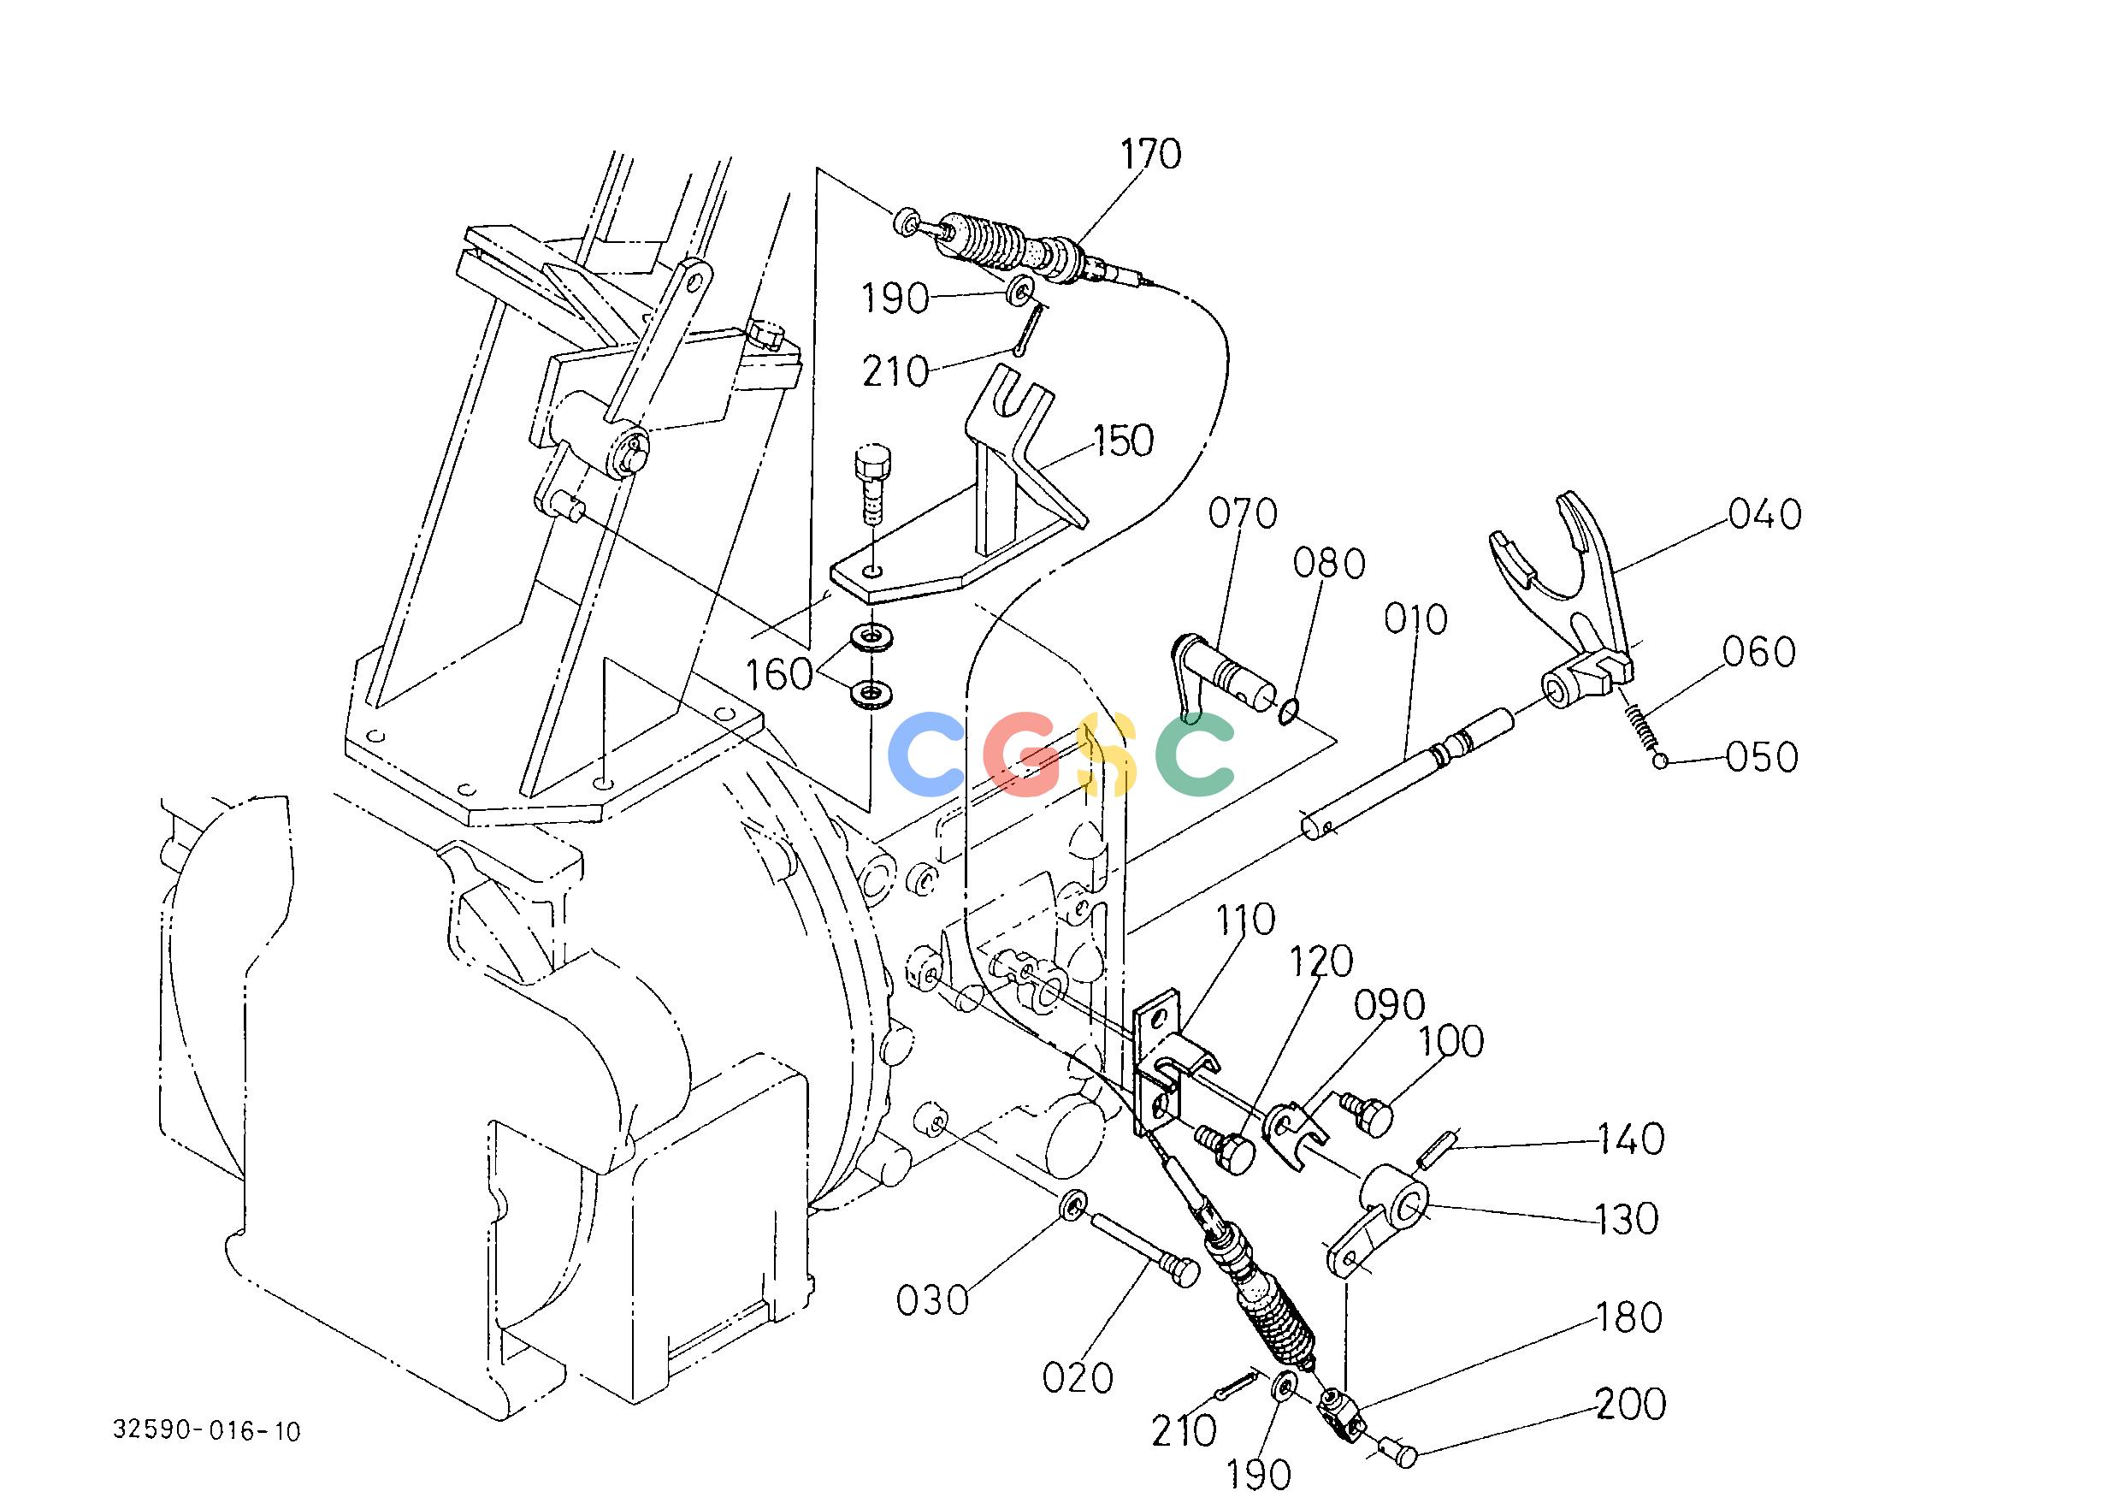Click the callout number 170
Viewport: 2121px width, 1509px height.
tap(1150, 154)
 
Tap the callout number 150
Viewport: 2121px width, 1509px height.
tap(1123, 441)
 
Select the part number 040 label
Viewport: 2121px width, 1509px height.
tap(1765, 514)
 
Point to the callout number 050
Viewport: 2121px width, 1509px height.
tap(1763, 757)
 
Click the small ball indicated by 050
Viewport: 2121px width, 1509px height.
tap(1661, 762)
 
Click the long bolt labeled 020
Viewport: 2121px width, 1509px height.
tap(1144, 1253)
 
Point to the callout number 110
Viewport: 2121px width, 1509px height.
tap(1245, 920)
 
